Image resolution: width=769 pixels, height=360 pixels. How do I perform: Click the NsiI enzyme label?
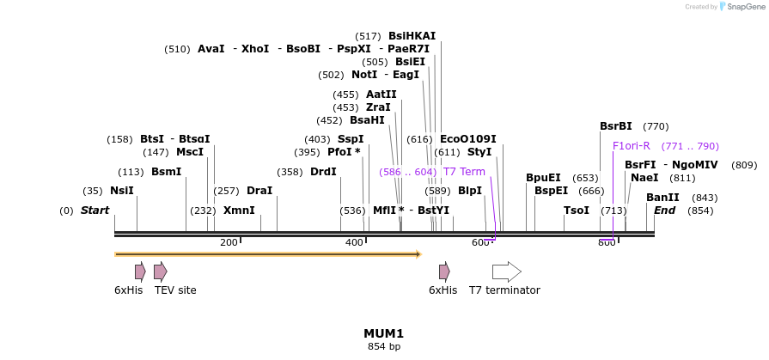[121, 191]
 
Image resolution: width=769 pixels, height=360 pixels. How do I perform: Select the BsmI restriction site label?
[166, 172]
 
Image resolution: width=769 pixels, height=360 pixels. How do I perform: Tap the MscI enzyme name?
[190, 152]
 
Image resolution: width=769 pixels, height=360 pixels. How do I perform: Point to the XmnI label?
[239, 211]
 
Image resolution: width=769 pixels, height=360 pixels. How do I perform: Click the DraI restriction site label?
[259, 191]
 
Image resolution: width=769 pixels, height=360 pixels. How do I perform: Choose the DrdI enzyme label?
[323, 172]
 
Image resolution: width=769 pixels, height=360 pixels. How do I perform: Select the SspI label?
[351, 139]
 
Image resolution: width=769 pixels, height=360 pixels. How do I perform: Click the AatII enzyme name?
[381, 95]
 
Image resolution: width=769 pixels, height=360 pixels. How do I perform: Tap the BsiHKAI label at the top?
[412, 36]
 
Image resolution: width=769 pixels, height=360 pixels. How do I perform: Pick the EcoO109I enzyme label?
[467, 139]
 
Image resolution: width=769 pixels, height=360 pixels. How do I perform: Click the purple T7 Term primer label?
[464, 172]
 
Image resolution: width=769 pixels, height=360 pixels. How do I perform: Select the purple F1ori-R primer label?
[632, 146]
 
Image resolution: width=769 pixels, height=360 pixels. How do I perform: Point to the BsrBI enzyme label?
[615, 126]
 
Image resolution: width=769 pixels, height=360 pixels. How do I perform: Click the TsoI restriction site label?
[577, 211]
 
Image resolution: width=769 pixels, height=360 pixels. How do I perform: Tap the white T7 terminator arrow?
[506, 272]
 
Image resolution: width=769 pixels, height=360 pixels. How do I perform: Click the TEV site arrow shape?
[160, 272]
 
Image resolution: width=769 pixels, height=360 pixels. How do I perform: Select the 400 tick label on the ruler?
[355, 243]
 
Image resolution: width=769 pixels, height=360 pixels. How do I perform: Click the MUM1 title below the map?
[383, 333]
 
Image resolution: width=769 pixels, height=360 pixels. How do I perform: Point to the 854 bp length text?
[383, 347]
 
